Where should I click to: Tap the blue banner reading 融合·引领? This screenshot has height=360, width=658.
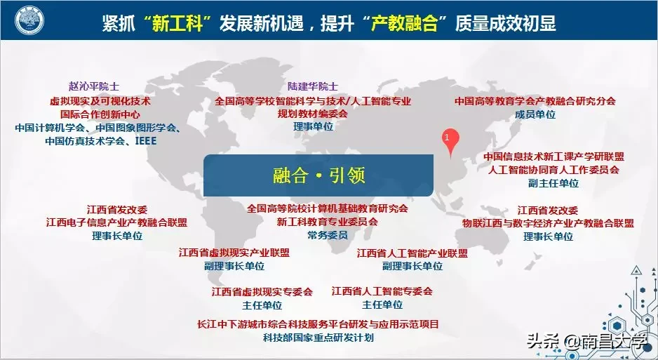coord(319,175)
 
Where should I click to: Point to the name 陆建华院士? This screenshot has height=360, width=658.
coord(313,86)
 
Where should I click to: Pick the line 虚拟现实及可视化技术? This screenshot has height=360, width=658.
coord(100,100)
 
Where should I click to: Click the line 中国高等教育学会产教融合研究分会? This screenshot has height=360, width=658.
coord(535,100)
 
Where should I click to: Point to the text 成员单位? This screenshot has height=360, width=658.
coord(535,114)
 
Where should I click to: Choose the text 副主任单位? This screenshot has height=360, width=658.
coord(553,182)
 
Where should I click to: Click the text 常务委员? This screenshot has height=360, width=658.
coord(327,235)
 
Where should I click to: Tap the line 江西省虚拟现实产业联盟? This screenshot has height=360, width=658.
coord(234,253)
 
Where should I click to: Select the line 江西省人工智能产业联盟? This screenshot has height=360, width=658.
coord(412,253)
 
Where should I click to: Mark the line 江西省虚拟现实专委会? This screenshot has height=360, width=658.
coord(262,291)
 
